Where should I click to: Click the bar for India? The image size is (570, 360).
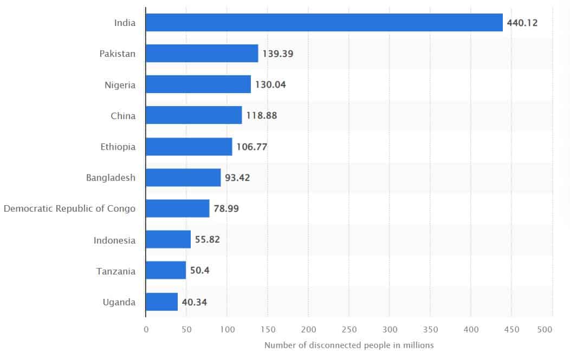[x=324, y=23]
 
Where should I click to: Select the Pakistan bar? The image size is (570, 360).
[x=202, y=54]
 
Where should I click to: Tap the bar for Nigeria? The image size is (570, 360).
[x=198, y=84]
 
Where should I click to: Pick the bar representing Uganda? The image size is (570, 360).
[x=161, y=302]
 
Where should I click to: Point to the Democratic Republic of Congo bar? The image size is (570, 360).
[x=177, y=208]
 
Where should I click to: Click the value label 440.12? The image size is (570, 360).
[x=522, y=23]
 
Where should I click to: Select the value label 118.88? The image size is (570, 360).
[x=262, y=116]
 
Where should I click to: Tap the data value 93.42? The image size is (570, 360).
[x=237, y=178]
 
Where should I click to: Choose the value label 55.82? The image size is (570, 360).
[x=208, y=240]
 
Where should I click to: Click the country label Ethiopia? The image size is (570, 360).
[x=118, y=147]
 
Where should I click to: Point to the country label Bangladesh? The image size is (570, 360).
[x=111, y=178]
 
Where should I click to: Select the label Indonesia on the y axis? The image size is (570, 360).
[x=114, y=240]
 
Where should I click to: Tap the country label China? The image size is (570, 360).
[x=124, y=116]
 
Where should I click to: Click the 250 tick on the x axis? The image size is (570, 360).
[x=349, y=329]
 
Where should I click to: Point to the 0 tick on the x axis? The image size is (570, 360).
[x=146, y=329]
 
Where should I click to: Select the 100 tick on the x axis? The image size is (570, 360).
[x=227, y=329]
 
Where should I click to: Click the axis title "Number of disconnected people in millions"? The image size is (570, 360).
[x=349, y=345]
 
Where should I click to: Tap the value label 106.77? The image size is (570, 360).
[x=252, y=147]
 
